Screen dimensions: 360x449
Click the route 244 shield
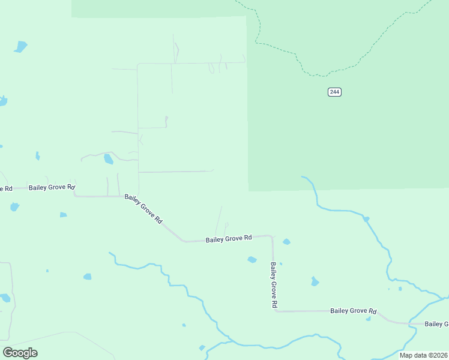pyautogui.click(x=334, y=92)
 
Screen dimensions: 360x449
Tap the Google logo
pyautogui.click(x=20, y=352)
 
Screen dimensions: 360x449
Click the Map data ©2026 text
pyautogui.click(x=423, y=355)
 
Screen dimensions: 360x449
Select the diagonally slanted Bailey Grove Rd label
pyautogui.click(x=143, y=208)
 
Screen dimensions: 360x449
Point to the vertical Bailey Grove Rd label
pyautogui.click(x=273, y=285)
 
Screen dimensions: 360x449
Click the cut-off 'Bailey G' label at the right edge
pyautogui.click(x=436, y=324)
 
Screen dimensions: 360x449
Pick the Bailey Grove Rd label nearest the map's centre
pyautogui.click(x=228, y=239)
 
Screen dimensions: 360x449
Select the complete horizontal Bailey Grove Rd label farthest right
pyautogui.click(x=353, y=311)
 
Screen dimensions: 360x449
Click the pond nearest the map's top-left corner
pyautogui.click(x=21, y=46)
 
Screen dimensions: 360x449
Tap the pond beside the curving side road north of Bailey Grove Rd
pyautogui.click(x=108, y=159)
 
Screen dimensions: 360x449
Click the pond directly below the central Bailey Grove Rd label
pyautogui.click(x=252, y=260)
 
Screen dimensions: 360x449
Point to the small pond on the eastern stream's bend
pyautogui.click(x=366, y=219)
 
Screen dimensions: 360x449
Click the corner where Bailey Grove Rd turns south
pyautogui.click(x=272, y=236)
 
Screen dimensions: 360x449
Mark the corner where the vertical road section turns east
pyautogui.click(x=276, y=311)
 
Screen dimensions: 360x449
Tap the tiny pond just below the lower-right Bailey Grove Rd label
pyautogui.click(x=368, y=319)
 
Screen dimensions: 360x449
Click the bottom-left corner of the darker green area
pyautogui.click(x=249, y=190)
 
